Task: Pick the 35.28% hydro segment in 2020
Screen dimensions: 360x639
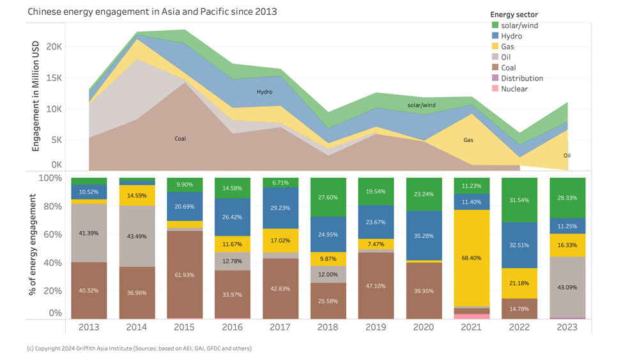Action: click(x=424, y=236)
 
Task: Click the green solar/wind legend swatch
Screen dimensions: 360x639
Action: click(x=495, y=26)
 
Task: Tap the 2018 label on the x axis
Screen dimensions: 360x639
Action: click(x=328, y=327)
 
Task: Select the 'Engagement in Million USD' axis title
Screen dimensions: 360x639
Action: click(x=36, y=96)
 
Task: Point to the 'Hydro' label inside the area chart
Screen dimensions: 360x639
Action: click(x=265, y=92)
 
